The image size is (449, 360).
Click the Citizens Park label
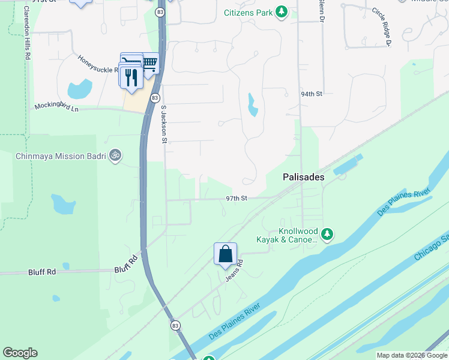pos(248,13)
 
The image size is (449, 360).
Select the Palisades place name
pos(304,178)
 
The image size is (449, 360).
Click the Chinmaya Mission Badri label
pos(60,156)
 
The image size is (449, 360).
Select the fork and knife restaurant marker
pos(131,77)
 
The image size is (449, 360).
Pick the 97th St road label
pos(237,199)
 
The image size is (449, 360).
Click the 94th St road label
pos(312,94)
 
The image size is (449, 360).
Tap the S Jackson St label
pos(163,125)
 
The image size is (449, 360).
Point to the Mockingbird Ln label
pos(56,107)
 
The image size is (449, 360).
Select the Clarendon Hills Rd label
pos(28,33)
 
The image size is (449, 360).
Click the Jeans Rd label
pos(234,271)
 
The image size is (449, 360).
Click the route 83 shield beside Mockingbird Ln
pos(155,98)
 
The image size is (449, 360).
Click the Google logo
pos(20,353)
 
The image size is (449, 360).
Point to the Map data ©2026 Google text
pos(412,355)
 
